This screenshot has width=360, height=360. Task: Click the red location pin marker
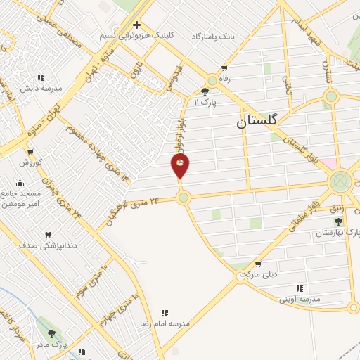pyautogui.click(x=180, y=166)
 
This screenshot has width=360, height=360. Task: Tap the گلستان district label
pyautogui.click(x=257, y=121)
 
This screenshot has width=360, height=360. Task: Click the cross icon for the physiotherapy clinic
pyautogui.click(x=136, y=25)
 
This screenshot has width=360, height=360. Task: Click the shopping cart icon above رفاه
pyautogui.click(x=224, y=69)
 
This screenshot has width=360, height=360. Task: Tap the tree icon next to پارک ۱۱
pyautogui.click(x=205, y=91)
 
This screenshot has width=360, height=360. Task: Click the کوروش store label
pyautogui.click(x=31, y=162)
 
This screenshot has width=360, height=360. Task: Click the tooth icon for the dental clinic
pyautogui.click(x=48, y=234)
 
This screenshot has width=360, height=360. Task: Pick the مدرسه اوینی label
pyautogui.click(x=300, y=298)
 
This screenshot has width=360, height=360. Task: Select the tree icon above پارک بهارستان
pyautogui.click(x=338, y=221)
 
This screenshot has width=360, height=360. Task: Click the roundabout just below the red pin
pyautogui.click(x=184, y=198)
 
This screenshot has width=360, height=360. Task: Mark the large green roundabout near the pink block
pyautogui.click(x=342, y=181)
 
